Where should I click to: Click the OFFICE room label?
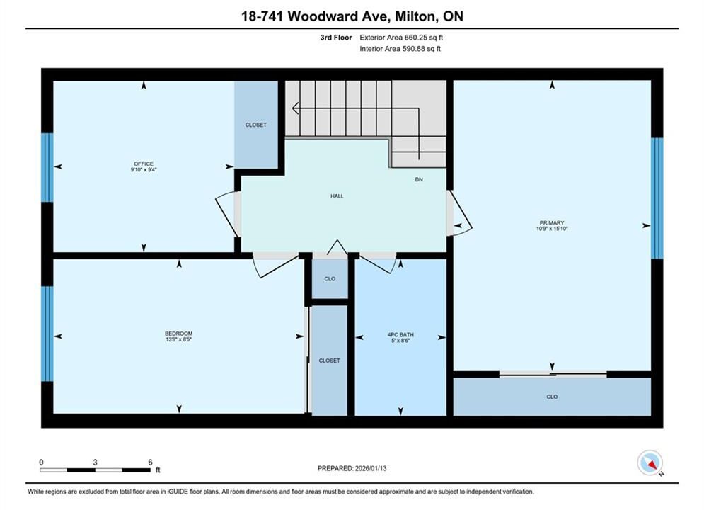(144, 164)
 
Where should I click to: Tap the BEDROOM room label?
(179, 334)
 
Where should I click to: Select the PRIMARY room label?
(552, 223)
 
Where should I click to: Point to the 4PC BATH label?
(400, 335)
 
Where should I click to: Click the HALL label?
(337, 196)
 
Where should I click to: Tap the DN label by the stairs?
(419, 179)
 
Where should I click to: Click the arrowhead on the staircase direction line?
(295, 108)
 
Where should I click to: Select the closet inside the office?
(256, 125)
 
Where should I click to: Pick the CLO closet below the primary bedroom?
(552, 397)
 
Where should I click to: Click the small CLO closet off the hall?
(330, 278)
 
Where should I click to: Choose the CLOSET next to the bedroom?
(329, 361)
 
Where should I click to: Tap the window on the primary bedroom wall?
(657, 198)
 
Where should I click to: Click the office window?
(47, 167)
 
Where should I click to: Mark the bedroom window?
(47, 334)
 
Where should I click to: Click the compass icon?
(650, 463)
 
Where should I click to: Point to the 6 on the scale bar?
(150, 462)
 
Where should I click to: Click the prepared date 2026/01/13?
(371, 468)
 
